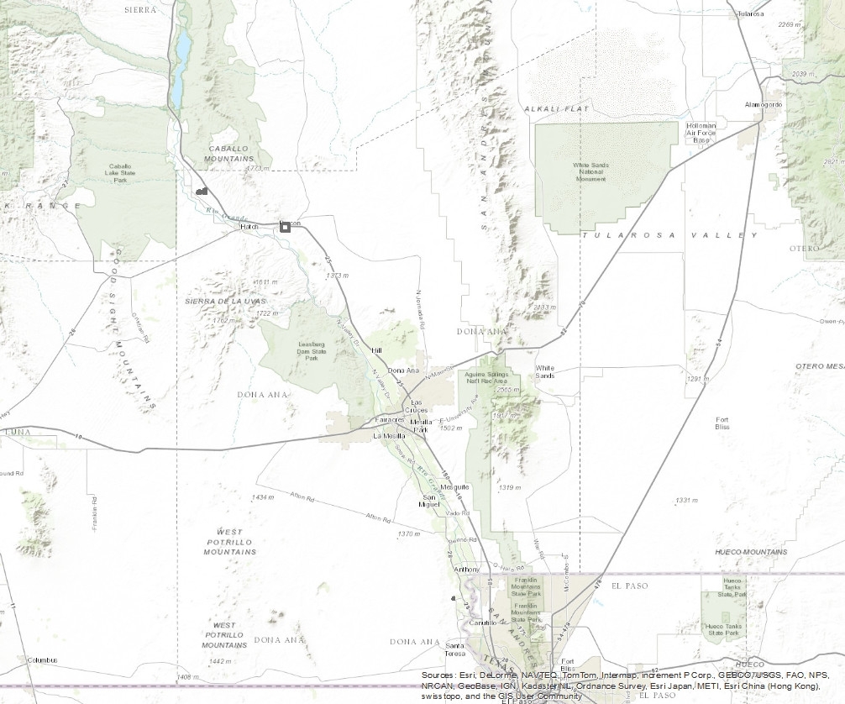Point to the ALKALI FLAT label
[556, 109]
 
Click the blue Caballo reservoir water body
[180, 63]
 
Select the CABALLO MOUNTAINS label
[230, 153]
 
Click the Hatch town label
[249, 227]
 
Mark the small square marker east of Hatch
[285, 226]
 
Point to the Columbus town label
[42, 660]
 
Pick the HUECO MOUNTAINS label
[750, 552]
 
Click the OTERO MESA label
[819, 366]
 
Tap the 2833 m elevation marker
[544, 307]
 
